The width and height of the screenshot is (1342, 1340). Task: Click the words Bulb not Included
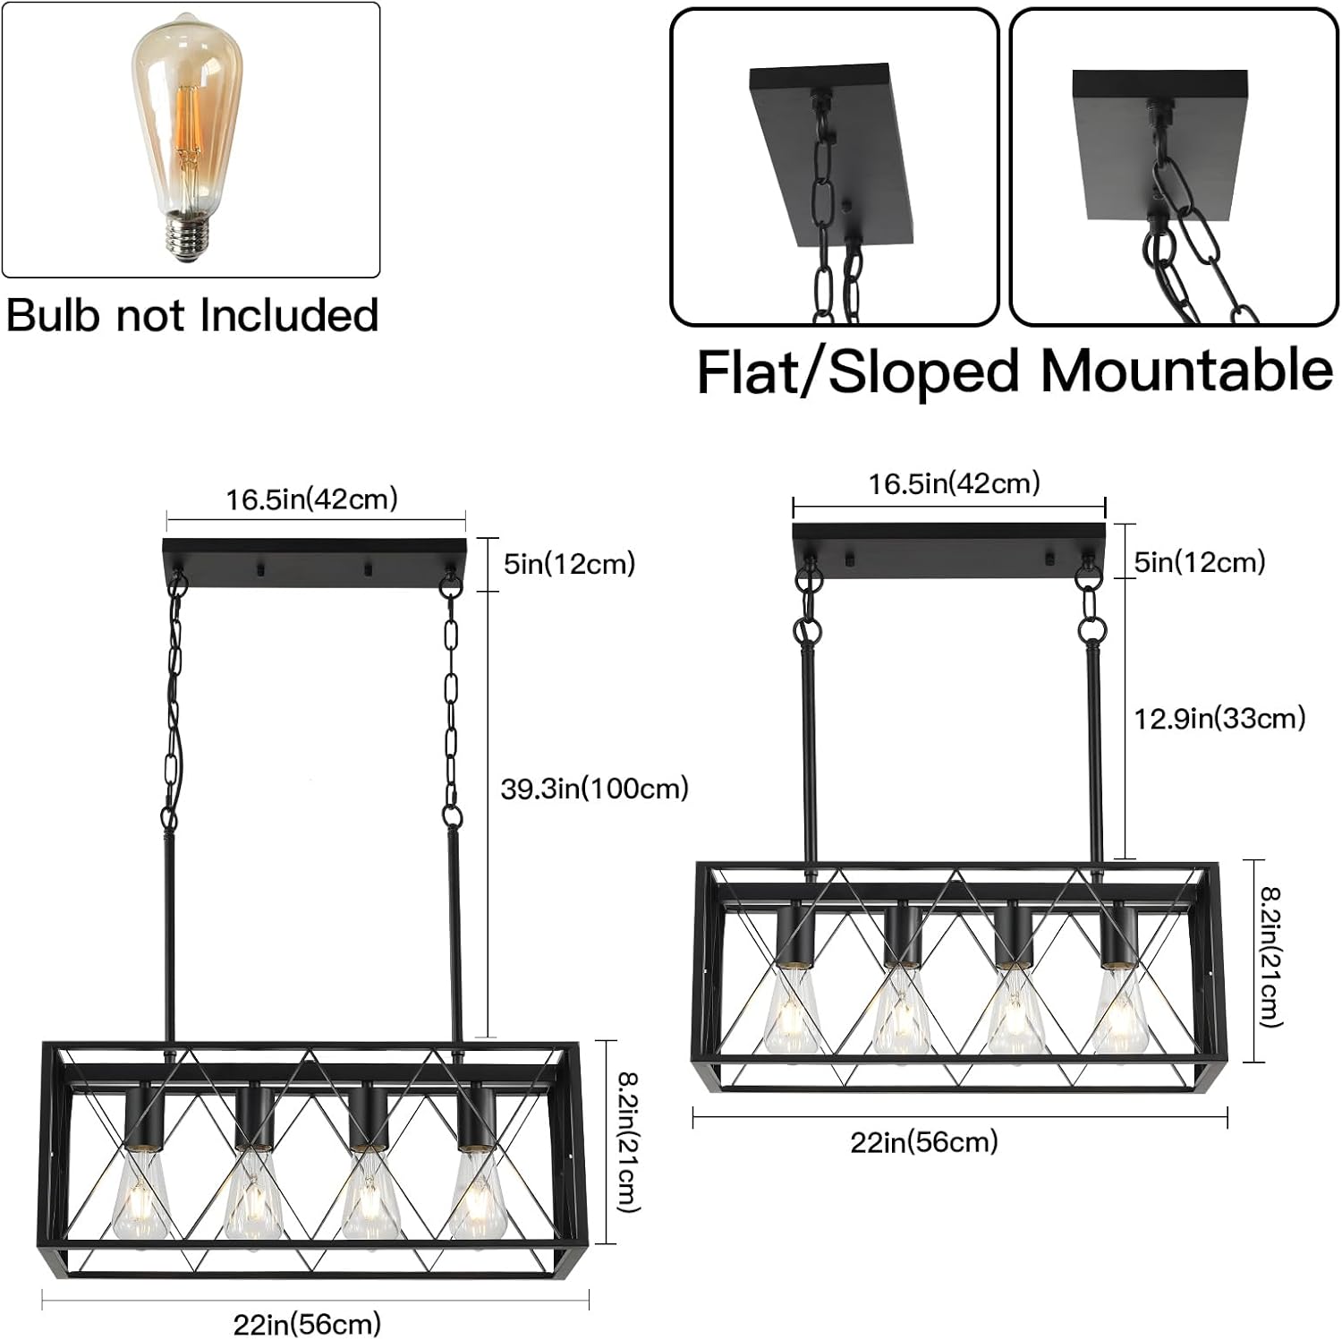pos(192,315)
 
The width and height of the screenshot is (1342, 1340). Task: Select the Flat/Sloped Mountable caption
pos(1015,371)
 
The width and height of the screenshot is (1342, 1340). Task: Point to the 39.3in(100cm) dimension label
pos(595,789)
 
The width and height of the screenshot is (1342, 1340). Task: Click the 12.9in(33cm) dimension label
pos(1219,718)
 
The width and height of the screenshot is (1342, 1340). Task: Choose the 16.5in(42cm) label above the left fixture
pos(311,499)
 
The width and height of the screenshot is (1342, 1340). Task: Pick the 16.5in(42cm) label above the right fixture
pos(955,483)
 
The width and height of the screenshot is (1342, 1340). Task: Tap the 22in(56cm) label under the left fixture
pos(307,1323)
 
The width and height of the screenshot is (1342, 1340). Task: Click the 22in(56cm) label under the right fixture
pos(924,1141)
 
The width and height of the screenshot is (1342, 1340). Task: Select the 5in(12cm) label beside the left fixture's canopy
pos(570,564)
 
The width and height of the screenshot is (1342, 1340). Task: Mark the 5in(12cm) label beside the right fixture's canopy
pos(1200,562)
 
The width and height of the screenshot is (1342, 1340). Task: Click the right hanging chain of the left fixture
pos(452,707)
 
